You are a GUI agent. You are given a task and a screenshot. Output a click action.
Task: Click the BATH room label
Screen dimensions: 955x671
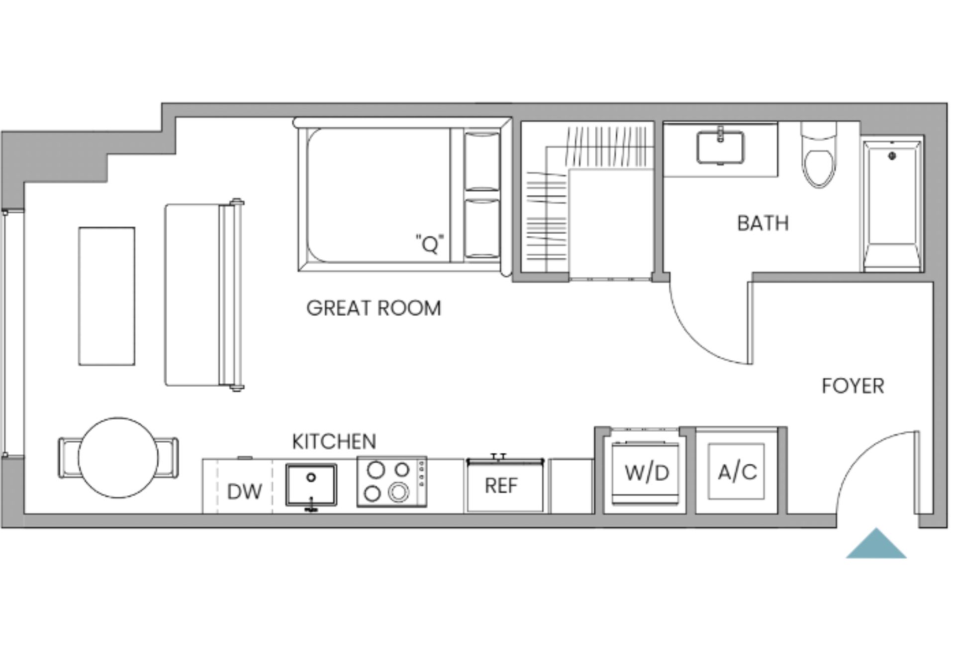pos(763,223)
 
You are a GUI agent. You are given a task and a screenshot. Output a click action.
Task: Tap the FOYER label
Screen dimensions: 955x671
pos(853,386)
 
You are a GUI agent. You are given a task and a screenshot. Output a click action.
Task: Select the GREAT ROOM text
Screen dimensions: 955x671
pos(374,308)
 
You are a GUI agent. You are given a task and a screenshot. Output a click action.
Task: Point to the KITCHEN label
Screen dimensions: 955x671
pos(334,441)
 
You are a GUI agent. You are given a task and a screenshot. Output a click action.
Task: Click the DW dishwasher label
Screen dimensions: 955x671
pos(244,492)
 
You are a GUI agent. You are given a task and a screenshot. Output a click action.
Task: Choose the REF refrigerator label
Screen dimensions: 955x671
pos(501,486)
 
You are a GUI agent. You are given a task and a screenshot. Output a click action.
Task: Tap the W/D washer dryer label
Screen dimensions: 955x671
pos(647,473)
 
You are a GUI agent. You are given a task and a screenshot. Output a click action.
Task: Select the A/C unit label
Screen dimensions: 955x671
pos(737,471)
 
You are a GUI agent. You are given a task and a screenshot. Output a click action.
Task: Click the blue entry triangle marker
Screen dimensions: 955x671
pos(876,544)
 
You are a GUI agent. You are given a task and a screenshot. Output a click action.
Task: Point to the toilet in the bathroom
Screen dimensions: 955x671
pos(819,155)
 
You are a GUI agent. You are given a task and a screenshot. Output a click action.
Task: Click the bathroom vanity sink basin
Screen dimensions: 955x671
pos(720,148)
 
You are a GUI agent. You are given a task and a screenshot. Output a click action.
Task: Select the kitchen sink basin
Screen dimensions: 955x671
pos(311,485)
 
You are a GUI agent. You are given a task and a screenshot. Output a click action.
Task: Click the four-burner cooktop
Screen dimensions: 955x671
pos(391,482)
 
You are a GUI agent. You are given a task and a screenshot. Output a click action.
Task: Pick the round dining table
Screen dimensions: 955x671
pos(118,458)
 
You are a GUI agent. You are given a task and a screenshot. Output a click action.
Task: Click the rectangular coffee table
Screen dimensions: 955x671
pos(106,296)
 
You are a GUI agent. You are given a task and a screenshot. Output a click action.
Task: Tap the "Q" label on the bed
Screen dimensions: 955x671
pos(429,244)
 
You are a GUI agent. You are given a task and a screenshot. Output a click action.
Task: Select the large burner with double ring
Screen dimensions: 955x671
pos(398,493)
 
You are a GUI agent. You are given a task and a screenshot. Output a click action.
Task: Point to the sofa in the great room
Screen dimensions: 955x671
pos(203,295)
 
